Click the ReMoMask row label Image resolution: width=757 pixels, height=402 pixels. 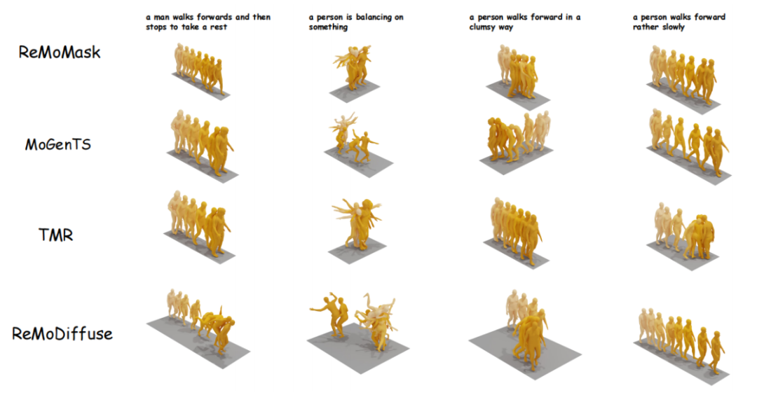[x=60, y=52]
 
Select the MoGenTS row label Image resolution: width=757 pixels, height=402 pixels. [x=58, y=144]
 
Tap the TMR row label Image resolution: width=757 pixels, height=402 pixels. [x=55, y=235]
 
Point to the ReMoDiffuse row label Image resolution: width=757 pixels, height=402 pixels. [x=62, y=333]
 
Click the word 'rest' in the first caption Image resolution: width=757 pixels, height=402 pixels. [x=218, y=27]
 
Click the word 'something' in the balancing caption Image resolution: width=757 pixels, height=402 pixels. [x=328, y=27]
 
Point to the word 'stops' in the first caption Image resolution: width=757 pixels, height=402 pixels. [x=156, y=27]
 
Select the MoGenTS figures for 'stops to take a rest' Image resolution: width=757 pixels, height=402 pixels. [x=202, y=142]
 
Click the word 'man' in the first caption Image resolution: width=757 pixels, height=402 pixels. [x=162, y=18]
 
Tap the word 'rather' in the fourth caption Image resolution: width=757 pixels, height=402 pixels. [x=646, y=27]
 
